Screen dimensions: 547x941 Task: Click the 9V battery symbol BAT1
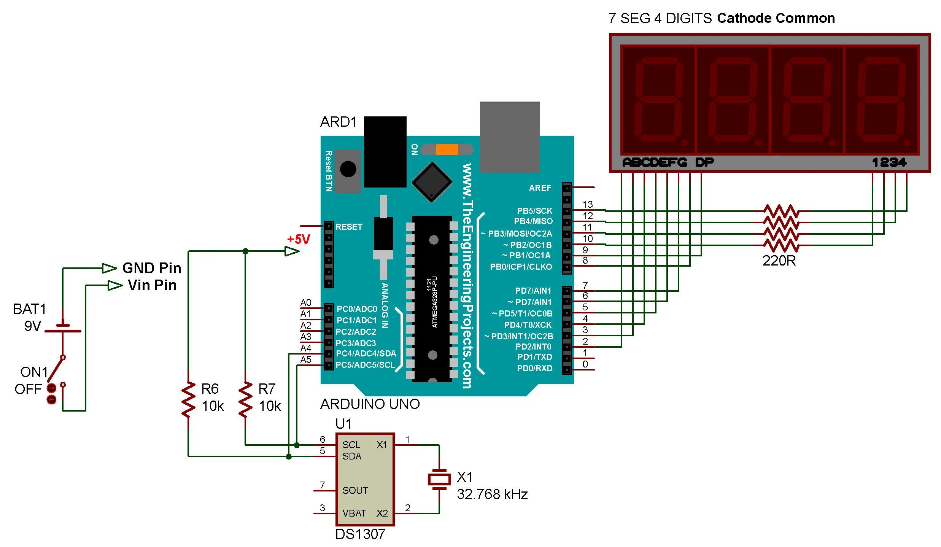coord(63,328)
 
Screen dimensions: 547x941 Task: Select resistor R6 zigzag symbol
coord(188,400)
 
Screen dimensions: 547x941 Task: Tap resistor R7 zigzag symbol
coord(245,400)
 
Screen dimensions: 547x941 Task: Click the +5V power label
coord(299,239)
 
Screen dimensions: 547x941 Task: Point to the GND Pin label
coord(151,268)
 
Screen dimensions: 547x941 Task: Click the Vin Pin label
coord(152,285)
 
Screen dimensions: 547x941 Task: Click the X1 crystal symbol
coord(439,479)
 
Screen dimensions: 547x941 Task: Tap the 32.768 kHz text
coord(492,495)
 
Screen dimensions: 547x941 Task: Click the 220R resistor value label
coord(779,261)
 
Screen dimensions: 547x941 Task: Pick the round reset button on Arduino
coord(348,169)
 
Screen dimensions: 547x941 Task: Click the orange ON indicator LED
coord(447,149)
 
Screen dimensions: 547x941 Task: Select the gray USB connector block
coord(510,137)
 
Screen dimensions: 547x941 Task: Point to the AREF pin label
coord(540,188)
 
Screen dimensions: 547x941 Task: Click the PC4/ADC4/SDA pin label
coord(366,354)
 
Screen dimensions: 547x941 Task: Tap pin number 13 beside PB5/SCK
coord(588,205)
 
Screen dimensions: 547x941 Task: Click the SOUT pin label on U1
coord(355,491)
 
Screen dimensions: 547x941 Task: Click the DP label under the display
coord(704,162)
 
